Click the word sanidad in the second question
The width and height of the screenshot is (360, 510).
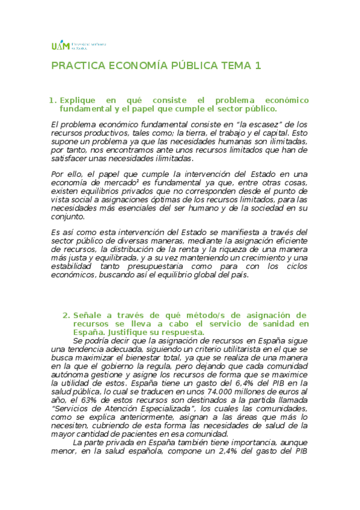(281, 324)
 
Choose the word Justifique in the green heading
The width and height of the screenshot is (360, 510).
(135, 333)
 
